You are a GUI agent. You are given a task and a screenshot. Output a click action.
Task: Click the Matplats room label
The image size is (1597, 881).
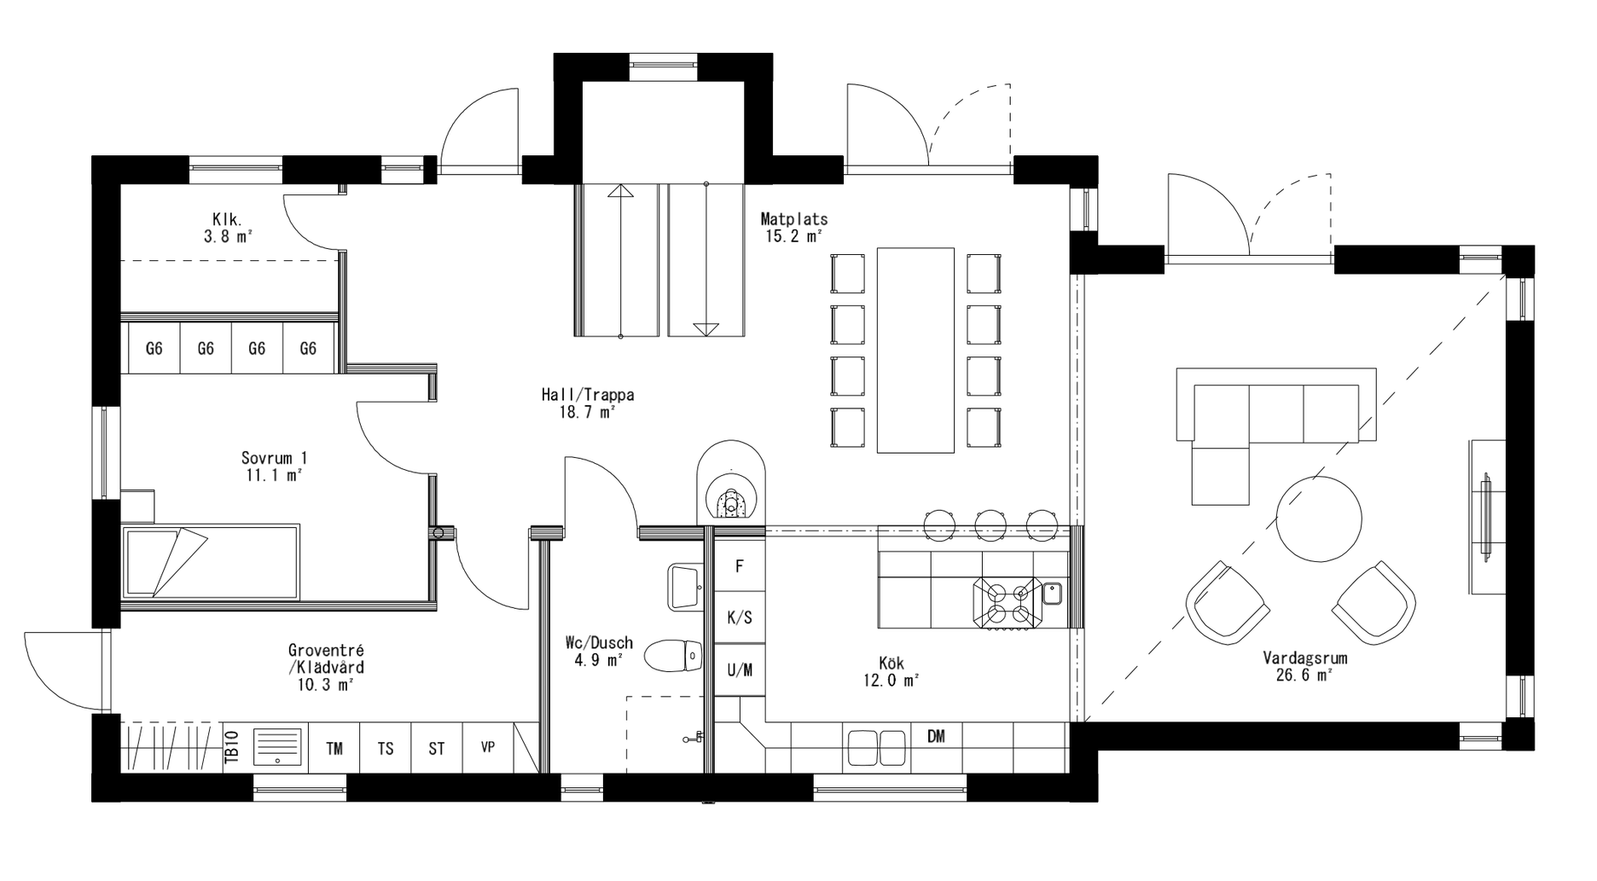coord(793,228)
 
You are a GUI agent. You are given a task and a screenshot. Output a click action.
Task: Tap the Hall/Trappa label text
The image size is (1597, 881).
coord(587,403)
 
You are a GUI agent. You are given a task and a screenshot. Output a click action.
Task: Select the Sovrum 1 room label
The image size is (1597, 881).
coord(273,467)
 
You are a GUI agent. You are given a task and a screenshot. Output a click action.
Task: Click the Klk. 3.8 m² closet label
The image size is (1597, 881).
coord(227,228)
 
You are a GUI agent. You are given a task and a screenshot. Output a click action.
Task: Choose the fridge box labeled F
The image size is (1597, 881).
coord(739,566)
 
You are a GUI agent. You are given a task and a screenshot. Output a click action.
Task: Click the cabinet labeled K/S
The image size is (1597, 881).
coord(739,617)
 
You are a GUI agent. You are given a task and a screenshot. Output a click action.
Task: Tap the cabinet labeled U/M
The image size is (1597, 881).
coord(739,670)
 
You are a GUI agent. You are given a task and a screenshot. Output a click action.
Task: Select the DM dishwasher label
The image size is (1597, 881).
coord(936,737)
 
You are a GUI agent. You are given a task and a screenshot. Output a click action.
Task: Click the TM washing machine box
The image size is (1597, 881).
coord(334,748)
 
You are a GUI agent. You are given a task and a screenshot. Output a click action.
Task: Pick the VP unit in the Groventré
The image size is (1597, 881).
coord(488,748)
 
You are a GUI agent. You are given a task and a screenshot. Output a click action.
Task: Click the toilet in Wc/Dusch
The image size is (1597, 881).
coord(672,657)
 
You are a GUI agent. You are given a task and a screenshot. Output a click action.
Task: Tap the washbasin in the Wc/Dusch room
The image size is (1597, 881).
coord(684,586)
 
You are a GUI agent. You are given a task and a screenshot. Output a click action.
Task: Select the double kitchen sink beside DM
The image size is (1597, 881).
coord(877,747)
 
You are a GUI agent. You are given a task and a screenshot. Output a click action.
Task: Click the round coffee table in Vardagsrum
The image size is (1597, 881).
coord(1319,519)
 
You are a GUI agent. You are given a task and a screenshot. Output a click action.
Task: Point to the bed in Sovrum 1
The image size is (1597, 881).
coord(211,562)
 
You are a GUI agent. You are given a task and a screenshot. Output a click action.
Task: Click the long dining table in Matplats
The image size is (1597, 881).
coord(915,350)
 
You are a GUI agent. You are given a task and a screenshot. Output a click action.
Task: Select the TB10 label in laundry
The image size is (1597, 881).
coord(230,748)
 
